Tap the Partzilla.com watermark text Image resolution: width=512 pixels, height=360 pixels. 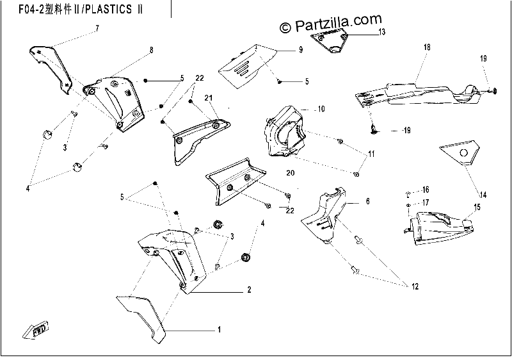tap(331, 24)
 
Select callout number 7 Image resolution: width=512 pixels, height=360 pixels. tap(97, 28)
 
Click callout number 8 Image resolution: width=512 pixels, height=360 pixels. tap(151, 50)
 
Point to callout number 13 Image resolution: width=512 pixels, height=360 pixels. tap(381, 31)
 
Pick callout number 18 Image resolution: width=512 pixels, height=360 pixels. tap(427, 47)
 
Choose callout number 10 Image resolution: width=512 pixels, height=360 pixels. tap(321, 109)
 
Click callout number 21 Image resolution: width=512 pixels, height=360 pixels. tap(209, 97)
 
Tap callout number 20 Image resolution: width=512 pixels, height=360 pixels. tap(291, 173)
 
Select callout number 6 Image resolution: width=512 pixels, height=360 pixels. tap(367, 201)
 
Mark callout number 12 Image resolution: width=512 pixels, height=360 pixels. tap(415, 286)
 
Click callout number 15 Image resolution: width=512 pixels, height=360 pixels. tap(477, 207)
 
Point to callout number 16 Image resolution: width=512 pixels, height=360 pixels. tap(426, 190)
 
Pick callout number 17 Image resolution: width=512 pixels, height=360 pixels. tap(426, 203)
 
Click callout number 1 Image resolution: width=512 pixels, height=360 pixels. tap(220, 330)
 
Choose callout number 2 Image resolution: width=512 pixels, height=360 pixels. tap(249, 290)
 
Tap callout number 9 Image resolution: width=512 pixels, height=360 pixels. tap(301, 50)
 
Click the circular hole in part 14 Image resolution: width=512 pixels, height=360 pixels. tap(463, 152)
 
